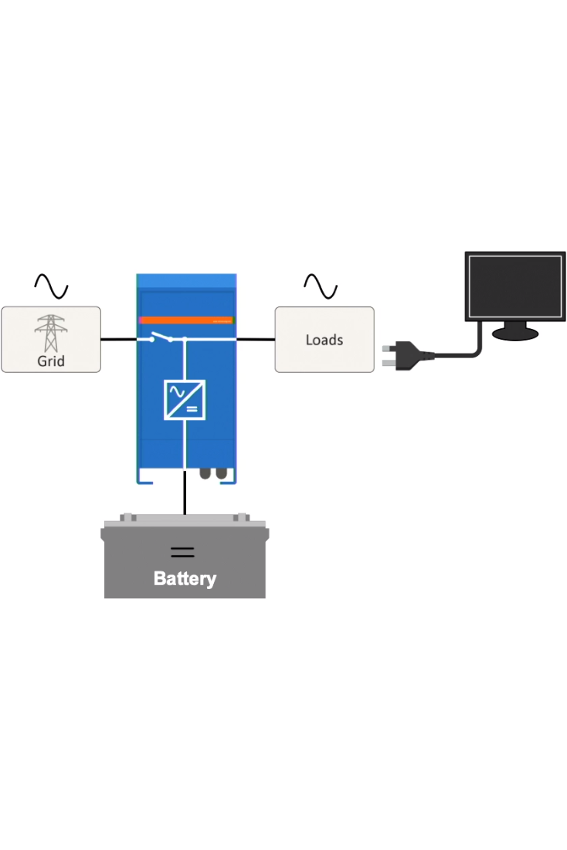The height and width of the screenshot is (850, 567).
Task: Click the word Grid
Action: pos(51,361)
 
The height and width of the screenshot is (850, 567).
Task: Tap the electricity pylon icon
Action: pos(51,333)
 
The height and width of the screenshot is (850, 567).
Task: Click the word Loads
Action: pos(324,340)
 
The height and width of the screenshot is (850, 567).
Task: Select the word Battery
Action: pos(185,578)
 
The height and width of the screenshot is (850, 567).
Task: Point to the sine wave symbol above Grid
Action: pos(51,286)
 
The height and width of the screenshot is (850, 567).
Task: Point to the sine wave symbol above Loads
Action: pos(321,286)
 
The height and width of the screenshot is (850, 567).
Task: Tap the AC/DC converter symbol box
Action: pos(185,400)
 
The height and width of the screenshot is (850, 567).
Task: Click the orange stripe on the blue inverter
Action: pos(185,320)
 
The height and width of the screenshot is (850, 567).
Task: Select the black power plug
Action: pos(402,357)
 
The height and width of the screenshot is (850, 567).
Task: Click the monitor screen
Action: pos(515,285)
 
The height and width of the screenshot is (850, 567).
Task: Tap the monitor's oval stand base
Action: pos(515,333)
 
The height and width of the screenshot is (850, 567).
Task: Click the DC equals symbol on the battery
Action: pos(182,551)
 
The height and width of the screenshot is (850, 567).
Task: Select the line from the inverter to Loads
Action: pos(256,339)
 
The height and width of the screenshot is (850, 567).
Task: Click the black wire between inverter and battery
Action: pos(185,498)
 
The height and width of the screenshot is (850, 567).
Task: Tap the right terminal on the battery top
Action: pos(240,518)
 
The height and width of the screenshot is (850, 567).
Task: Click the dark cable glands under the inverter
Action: pos(213,472)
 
